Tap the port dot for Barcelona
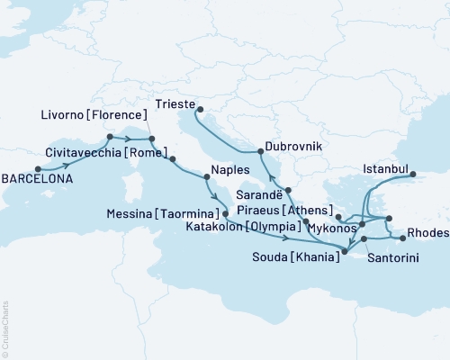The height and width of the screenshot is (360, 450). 38,168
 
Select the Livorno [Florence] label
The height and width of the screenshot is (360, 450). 94,116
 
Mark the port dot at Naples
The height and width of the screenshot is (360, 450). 208,165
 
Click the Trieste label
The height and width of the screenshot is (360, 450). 176,103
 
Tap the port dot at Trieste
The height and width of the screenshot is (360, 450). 199,112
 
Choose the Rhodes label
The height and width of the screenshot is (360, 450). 427,232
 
